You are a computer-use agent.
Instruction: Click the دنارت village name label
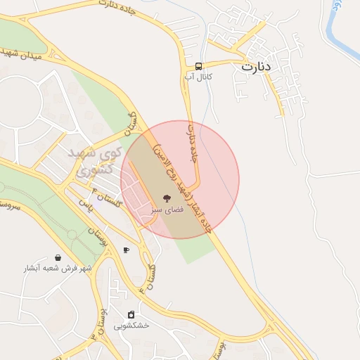pos(256,67)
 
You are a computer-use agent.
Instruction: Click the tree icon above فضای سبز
pos(167,198)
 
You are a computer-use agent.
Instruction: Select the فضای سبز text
pos(167,210)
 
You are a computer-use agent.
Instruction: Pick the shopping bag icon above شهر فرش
pos(57,257)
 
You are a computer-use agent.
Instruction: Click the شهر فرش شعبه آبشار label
pos(57,269)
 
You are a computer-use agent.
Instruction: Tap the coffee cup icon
pos(126,250)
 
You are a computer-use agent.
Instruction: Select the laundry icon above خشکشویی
pos(131,314)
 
